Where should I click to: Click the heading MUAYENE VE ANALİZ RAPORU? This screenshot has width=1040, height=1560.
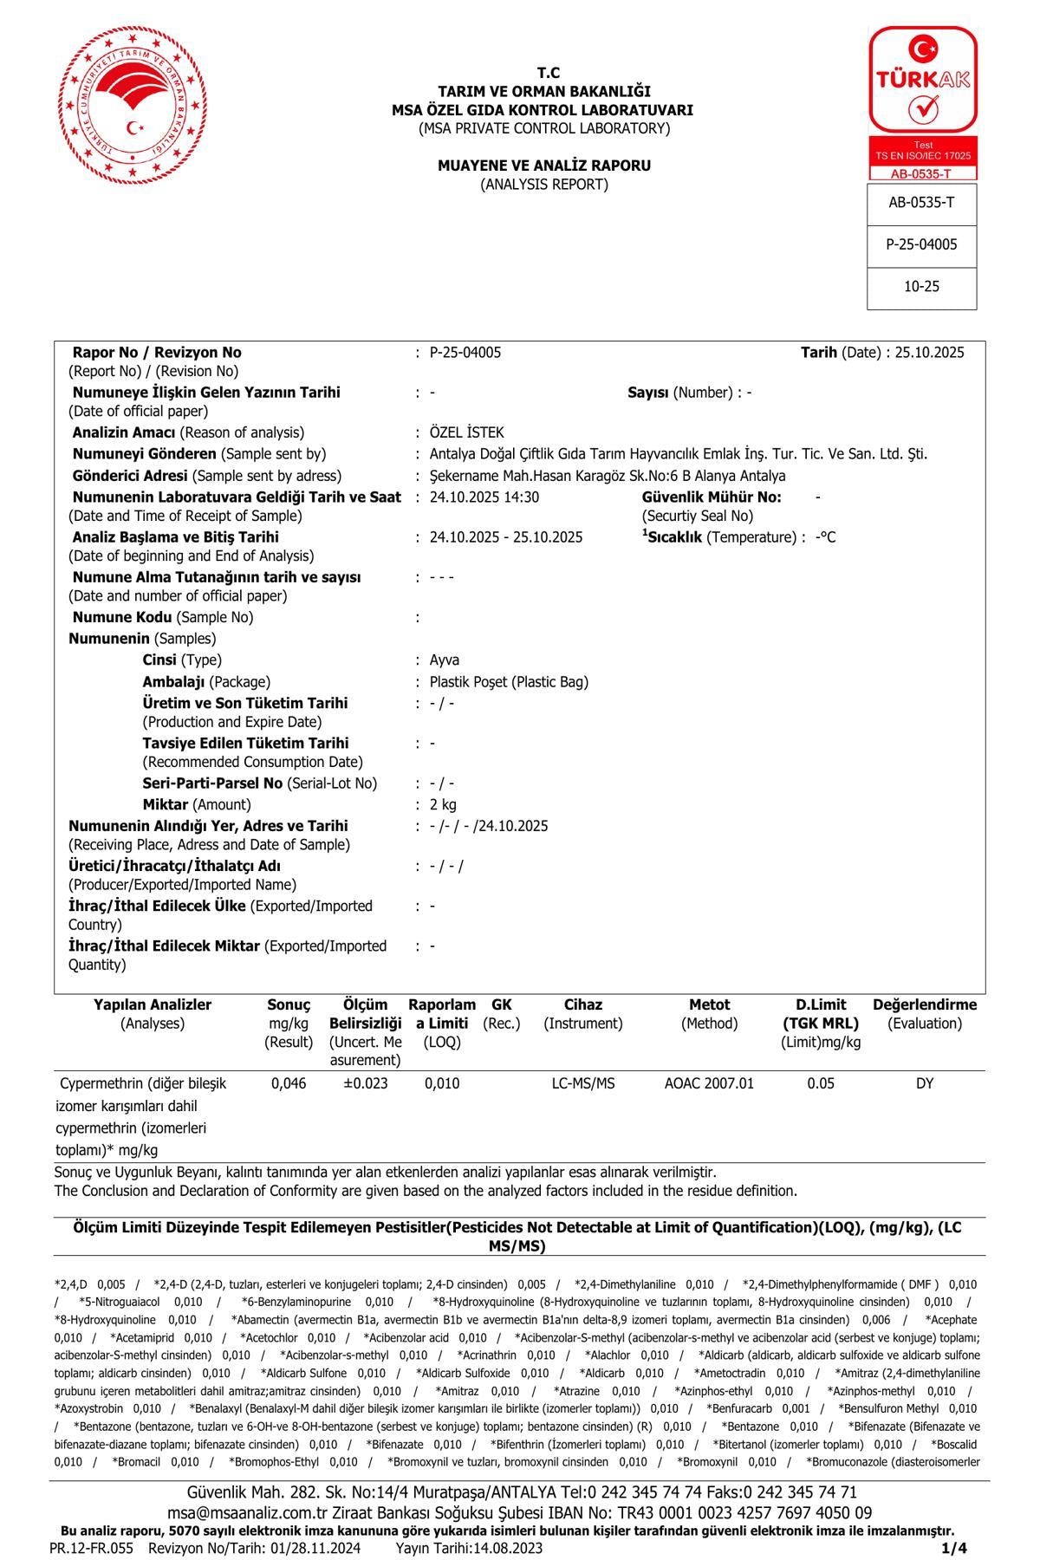(544, 166)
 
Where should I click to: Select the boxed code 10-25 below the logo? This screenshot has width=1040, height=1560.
(921, 287)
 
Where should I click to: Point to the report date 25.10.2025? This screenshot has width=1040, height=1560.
(929, 353)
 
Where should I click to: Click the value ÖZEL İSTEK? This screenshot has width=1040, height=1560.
(466, 432)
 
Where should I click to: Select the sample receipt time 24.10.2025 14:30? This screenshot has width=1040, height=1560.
(484, 497)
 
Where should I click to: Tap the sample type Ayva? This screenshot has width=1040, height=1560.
(445, 660)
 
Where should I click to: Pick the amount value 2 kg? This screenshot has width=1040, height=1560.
(443, 805)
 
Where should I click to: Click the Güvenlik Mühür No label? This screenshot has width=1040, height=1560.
(712, 497)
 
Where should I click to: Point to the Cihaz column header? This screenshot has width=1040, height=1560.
(583, 1005)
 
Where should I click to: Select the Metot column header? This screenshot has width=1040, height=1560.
(709, 1005)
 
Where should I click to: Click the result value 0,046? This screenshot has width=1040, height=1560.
(289, 1084)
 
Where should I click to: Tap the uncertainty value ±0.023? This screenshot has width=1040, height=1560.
(366, 1084)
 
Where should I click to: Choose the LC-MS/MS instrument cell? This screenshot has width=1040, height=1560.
(583, 1084)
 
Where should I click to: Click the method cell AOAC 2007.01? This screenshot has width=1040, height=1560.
(709, 1084)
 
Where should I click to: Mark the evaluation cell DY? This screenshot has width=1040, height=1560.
(925, 1084)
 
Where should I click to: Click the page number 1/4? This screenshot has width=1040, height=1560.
(953, 1548)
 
